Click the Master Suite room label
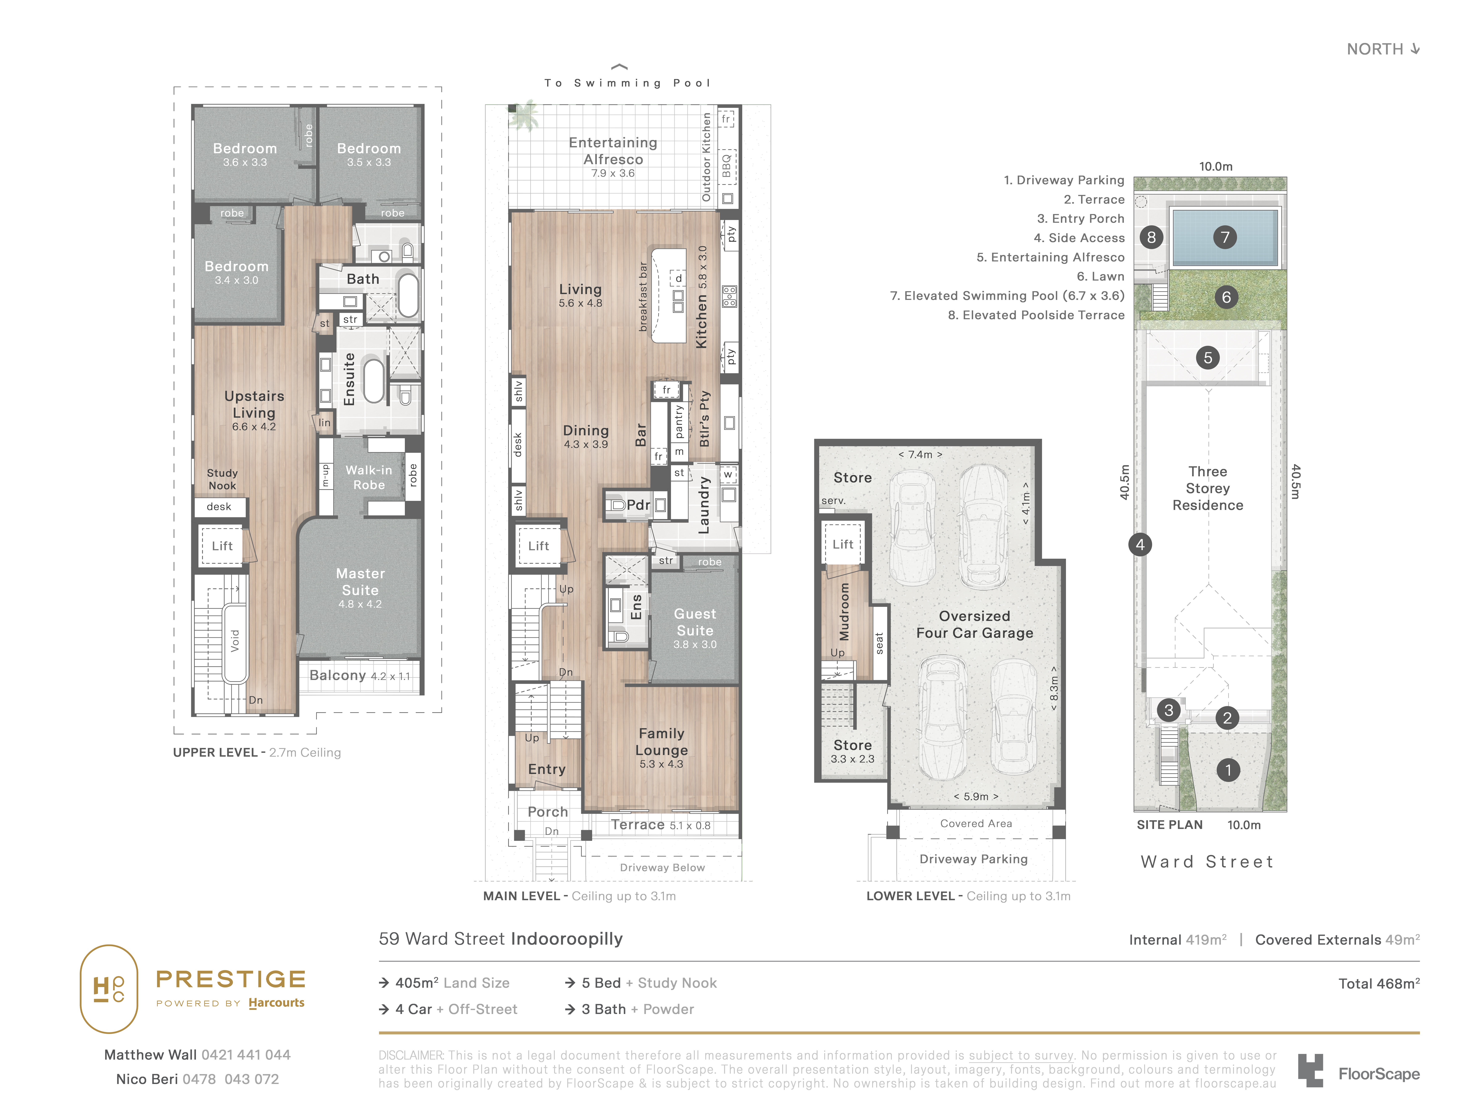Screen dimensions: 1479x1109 point(360,582)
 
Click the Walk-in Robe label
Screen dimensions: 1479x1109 point(369,477)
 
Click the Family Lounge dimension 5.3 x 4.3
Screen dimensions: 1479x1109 point(661,764)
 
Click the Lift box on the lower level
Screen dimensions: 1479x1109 point(843,544)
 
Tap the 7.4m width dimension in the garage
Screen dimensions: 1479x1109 point(921,455)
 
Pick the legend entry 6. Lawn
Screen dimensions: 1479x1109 point(1101,276)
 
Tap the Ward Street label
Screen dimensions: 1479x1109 point(1208,862)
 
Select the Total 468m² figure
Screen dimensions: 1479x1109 point(1379,983)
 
